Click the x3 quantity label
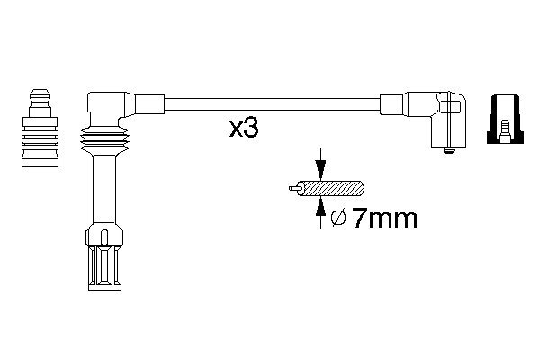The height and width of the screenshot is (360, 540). [244, 129]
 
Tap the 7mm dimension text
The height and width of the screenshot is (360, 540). [385, 218]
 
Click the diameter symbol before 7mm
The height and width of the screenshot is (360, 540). [338, 219]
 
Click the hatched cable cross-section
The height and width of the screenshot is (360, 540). [330, 188]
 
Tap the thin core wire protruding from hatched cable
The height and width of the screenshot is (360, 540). [294, 188]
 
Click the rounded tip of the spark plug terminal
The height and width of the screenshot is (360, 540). [40, 95]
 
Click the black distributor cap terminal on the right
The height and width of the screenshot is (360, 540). [505, 119]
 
